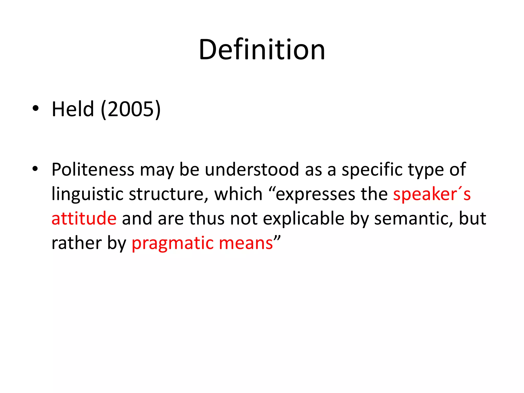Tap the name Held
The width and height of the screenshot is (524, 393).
73,109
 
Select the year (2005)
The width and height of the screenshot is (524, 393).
131,109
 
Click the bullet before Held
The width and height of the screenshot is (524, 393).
36,108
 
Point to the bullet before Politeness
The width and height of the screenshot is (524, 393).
36,169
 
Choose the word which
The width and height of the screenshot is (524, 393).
238,194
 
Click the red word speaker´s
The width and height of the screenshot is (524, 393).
432,194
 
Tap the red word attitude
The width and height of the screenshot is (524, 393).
84,219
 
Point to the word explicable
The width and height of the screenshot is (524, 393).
303,219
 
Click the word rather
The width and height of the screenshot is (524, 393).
77,243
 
